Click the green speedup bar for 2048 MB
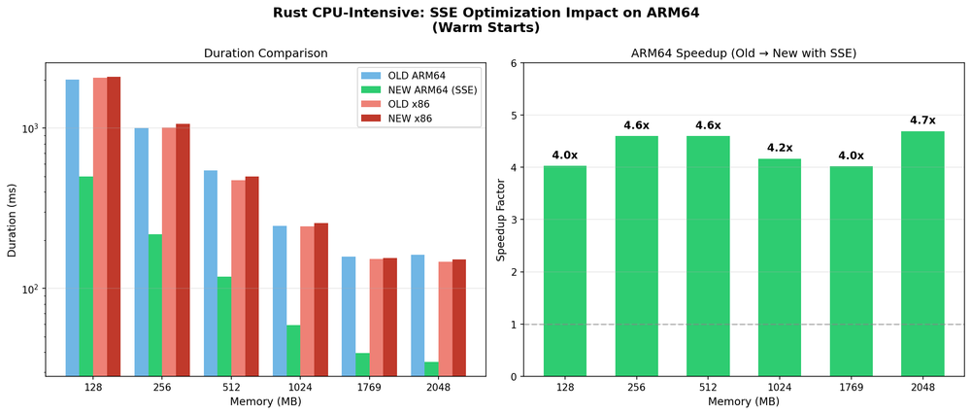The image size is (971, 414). [x=922, y=254]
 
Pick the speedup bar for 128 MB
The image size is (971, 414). [x=564, y=271]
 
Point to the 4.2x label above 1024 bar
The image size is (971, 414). [x=779, y=148]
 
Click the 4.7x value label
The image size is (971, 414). [x=922, y=121]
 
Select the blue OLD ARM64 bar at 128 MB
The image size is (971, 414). [x=73, y=227]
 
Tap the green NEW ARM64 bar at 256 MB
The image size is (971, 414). [x=155, y=304]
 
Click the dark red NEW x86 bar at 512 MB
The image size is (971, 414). [x=251, y=276]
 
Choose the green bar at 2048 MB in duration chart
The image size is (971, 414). [x=431, y=368]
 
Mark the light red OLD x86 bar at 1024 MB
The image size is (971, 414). [x=307, y=300]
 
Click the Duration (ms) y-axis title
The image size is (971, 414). [x=13, y=220]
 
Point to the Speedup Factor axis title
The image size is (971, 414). [x=501, y=220]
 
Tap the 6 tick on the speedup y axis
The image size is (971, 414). [x=513, y=64]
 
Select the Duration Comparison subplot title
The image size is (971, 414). [x=265, y=53]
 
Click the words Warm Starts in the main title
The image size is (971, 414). [x=485, y=28]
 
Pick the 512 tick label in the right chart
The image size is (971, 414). [x=708, y=387]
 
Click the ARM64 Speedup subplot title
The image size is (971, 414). [x=743, y=53]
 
